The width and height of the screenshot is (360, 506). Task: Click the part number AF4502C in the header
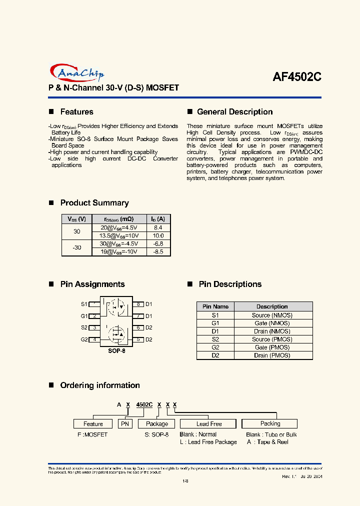click(296, 77)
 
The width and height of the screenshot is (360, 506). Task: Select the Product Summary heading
click(94, 203)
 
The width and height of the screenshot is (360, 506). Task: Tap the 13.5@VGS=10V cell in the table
click(118, 235)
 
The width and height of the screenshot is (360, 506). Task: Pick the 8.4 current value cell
click(158, 227)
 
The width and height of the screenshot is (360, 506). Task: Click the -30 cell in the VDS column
click(76, 247)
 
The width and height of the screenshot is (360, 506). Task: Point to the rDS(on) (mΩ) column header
click(118, 219)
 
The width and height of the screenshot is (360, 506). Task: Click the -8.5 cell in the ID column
click(158, 252)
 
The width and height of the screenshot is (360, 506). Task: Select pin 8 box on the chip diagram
click(138, 304)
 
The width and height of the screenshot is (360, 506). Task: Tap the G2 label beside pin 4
click(84, 339)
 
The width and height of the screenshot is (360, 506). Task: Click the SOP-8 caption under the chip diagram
click(116, 351)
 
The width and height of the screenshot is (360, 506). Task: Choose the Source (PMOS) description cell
click(271, 339)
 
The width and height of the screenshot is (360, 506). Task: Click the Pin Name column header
click(215, 306)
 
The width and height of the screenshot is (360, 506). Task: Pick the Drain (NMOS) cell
click(271, 331)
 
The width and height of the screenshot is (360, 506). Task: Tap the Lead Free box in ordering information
click(209, 423)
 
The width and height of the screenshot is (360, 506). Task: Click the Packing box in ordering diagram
click(270, 423)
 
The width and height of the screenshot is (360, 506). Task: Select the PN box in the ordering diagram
click(124, 423)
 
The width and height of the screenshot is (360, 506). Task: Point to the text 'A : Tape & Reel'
click(267, 442)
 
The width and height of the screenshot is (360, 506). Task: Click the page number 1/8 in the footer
click(185, 481)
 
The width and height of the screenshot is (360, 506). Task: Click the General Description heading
click(234, 112)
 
